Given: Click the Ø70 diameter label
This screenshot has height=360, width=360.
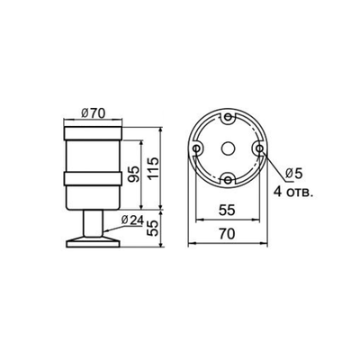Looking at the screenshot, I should click(x=92, y=112).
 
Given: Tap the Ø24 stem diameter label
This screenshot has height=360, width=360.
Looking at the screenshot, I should click(x=132, y=220).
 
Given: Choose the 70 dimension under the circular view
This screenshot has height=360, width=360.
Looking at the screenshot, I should click(x=227, y=233).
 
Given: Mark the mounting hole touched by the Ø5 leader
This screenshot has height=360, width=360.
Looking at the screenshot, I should click(x=258, y=148).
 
